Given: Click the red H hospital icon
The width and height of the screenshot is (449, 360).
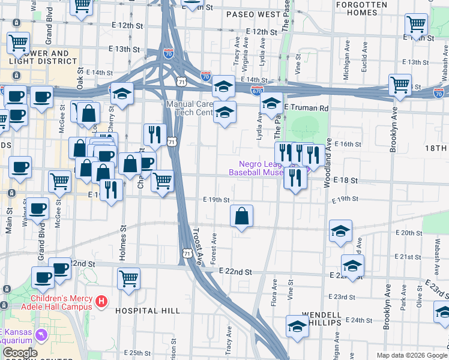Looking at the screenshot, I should pyautogui.click(x=101, y=301).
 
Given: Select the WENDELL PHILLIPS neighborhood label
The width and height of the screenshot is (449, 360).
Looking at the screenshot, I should pyautogui.click(x=322, y=318).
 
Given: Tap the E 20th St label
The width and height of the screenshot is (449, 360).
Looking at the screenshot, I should pyautogui.click(x=411, y=232).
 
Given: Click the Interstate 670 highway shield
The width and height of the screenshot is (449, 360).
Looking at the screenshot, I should pyautogui.click(x=257, y=90).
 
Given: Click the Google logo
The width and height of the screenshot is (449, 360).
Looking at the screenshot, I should pyautogui.click(x=19, y=353).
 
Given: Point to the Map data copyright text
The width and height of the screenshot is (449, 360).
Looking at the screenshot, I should pyautogui.click(x=412, y=355).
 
